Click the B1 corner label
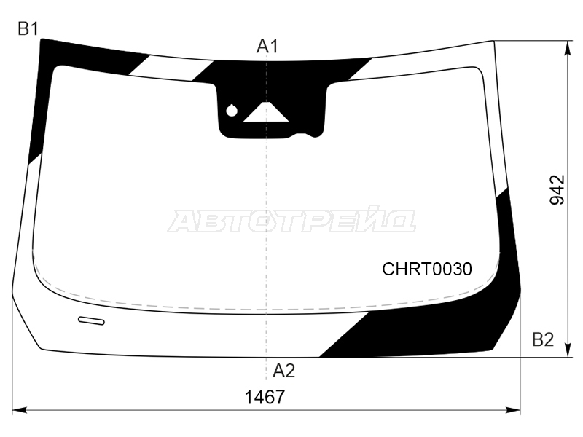(28, 28)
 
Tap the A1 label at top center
(267, 47)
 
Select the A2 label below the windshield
(283, 371)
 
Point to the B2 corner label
(543, 339)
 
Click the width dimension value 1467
(265, 397)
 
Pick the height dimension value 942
(557, 189)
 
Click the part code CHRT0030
(427, 269)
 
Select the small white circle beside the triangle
(232, 111)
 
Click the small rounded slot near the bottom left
(91, 320)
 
